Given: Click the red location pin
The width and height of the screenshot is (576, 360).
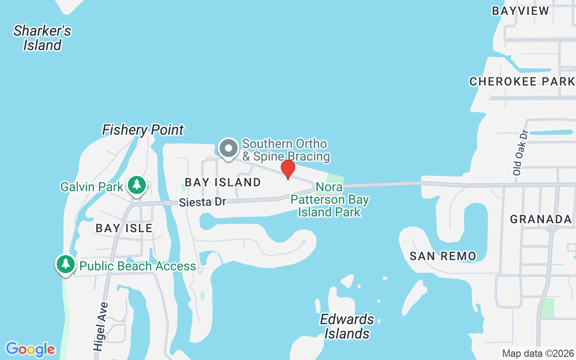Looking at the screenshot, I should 288,169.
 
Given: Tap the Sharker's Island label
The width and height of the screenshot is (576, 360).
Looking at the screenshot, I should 42,38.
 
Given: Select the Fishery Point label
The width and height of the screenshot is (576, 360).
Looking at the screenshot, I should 143,130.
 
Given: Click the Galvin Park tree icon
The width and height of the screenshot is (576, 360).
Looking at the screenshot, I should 136,184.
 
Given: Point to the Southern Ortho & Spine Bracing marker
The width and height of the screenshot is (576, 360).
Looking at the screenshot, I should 229,148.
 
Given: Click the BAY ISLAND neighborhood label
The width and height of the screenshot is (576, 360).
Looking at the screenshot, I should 223,182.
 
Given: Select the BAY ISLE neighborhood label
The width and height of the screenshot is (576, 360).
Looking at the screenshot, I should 124,228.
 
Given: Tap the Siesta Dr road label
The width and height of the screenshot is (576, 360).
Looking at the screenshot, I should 202,202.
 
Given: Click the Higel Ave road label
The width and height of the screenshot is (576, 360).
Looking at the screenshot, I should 101,327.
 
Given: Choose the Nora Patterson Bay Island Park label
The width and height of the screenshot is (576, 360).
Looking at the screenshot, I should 329,199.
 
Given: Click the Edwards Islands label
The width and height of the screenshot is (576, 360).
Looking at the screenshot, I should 347,326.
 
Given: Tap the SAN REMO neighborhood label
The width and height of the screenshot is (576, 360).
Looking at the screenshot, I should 443,256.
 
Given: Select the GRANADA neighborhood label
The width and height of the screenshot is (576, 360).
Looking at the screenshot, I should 540,219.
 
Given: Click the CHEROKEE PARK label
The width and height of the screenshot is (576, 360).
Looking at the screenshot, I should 522,81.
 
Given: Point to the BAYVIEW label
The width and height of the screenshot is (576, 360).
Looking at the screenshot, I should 520,11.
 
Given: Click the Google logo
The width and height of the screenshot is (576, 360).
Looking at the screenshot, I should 30,349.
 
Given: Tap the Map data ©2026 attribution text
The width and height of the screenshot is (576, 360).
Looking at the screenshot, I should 538,354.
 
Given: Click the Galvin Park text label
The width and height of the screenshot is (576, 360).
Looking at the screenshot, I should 92,186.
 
